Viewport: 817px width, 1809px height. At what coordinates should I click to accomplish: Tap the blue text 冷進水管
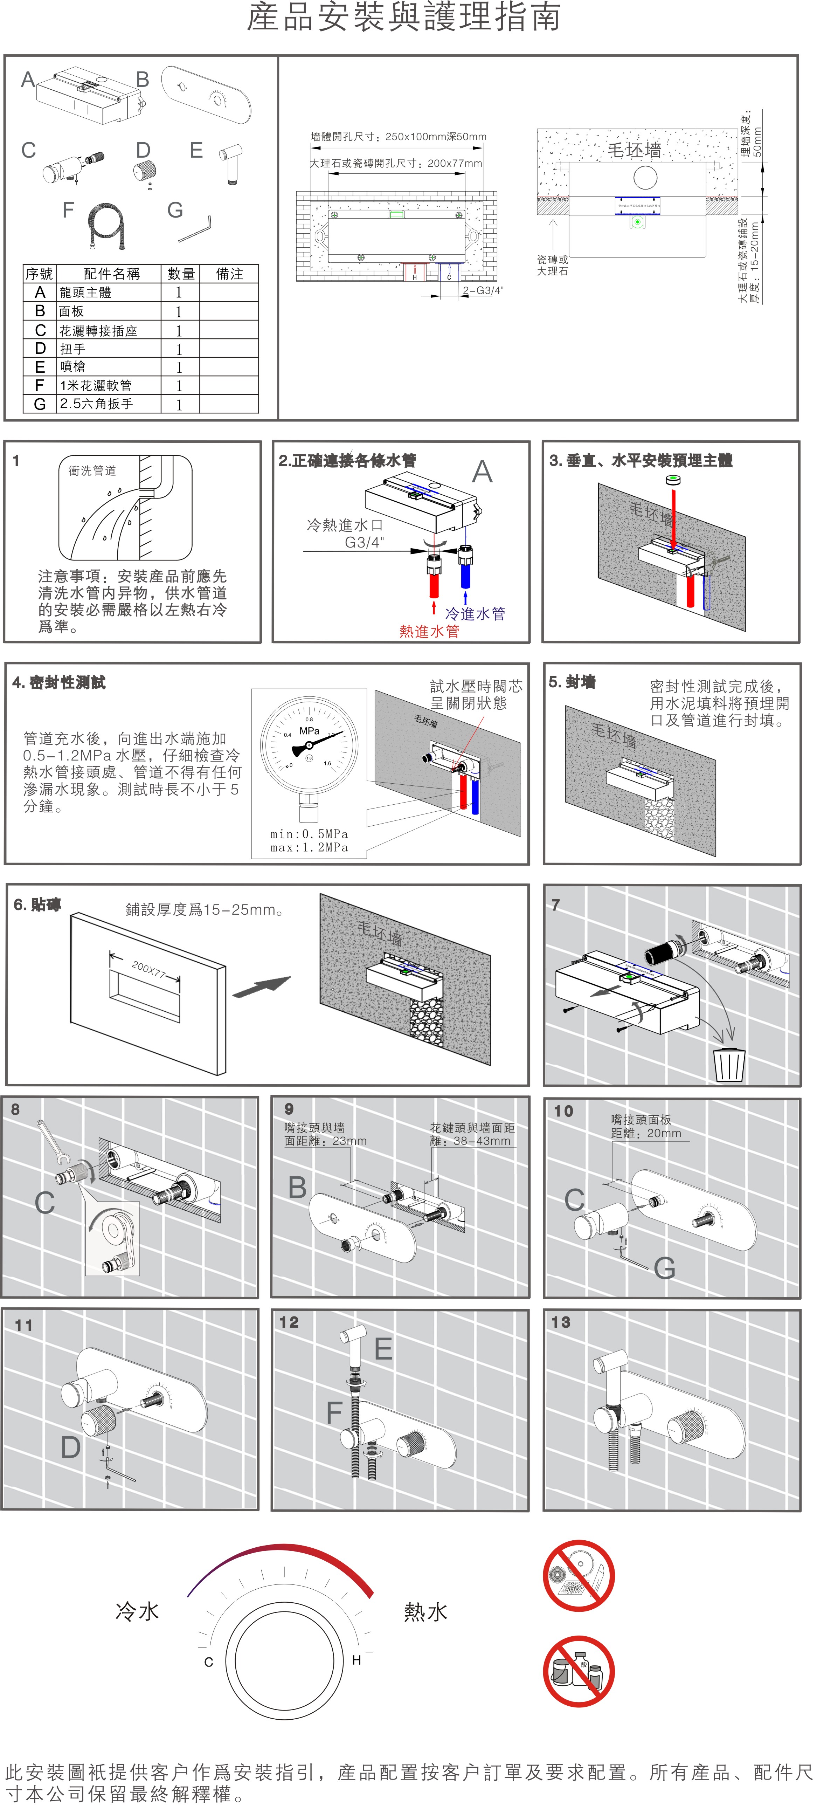[475, 614]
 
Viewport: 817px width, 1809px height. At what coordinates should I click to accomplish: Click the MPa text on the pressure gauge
[310, 731]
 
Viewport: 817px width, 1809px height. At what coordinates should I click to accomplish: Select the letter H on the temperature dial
[356, 1660]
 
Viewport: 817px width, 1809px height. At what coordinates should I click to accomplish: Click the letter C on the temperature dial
[208, 1662]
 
